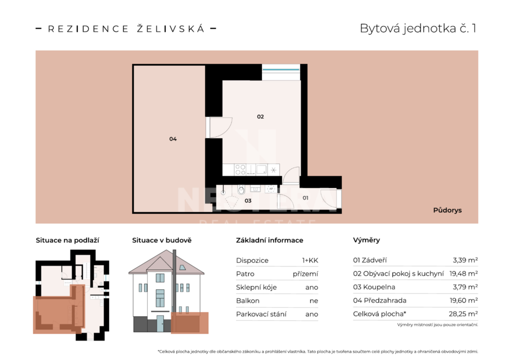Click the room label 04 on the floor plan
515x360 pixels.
coord(173,139)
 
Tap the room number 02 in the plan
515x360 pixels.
coord(261,117)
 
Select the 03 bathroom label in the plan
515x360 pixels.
coord(248,201)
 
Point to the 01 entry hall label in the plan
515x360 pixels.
coord(305,198)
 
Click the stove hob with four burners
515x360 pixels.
coord(240,169)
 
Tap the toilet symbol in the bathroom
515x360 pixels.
coord(241,190)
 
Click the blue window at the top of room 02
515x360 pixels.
coord(281,69)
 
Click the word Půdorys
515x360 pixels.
coord(447,210)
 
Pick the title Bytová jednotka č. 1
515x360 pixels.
coord(418,29)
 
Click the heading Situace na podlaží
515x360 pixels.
coord(67,240)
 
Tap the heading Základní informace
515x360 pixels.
coord(270,240)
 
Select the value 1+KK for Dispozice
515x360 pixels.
coord(310,260)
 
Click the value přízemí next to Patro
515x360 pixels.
coord(305,274)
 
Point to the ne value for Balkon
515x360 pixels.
coord(314,301)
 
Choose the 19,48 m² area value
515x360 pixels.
coord(463,274)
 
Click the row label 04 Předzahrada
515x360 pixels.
coord(380,301)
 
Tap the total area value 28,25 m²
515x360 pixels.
coord(463,314)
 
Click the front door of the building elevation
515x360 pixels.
coord(160,323)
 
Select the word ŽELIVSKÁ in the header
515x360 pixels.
coord(171,28)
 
